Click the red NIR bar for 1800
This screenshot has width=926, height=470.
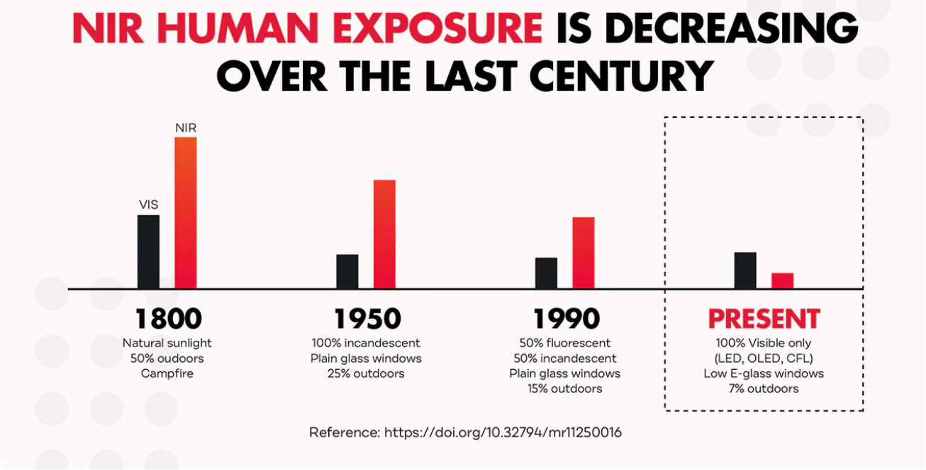coord(186,212)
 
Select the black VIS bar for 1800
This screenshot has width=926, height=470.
coord(148,251)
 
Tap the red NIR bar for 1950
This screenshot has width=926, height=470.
coord(384,234)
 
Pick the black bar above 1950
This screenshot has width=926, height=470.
coord(347,271)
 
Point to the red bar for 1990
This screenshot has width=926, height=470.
coord(584,252)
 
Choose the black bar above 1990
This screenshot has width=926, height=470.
coord(546,273)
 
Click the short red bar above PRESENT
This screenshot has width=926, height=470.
coord(782,280)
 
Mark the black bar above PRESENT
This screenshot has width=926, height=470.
coord(745,270)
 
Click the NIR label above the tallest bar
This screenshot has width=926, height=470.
coord(186,128)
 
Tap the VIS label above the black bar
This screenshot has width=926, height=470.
coord(148,205)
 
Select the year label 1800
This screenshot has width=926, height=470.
coord(167,319)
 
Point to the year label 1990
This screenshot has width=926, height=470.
coord(565,319)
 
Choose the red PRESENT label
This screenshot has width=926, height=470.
coord(764,319)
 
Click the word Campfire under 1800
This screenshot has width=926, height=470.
coord(167,373)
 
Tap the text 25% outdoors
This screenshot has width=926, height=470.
coord(366,373)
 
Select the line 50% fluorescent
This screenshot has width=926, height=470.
coord(565,344)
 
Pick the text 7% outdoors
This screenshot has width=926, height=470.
coord(764,388)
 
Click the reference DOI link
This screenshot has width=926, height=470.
coord(503,432)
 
